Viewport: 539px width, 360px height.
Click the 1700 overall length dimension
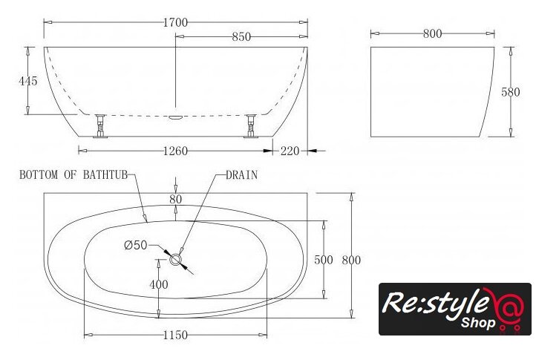point(175,23)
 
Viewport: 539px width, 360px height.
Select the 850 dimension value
point(241,37)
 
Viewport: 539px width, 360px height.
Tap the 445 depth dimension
point(28,81)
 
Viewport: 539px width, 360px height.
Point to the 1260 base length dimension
point(175,151)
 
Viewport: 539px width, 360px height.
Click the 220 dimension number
point(290,151)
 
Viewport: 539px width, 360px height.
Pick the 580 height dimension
point(511,92)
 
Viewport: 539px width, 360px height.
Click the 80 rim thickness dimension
point(176,199)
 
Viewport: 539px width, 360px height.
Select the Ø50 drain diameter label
point(136,245)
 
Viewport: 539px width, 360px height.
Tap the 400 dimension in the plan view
point(159,284)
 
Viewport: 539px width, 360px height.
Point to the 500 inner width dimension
point(324,260)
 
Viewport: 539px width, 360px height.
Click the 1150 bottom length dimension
point(175,335)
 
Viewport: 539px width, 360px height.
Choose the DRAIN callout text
point(241,175)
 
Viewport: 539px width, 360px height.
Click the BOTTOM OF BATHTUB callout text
point(73,174)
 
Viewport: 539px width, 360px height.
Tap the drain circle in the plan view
point(175,260)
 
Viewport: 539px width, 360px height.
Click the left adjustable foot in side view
point(100,126)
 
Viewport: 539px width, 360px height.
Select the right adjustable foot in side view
point(251,126)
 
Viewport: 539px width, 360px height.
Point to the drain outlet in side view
point(175,117)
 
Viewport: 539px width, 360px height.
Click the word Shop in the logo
point(478,323)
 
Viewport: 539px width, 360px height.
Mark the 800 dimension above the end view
point(432,33)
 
